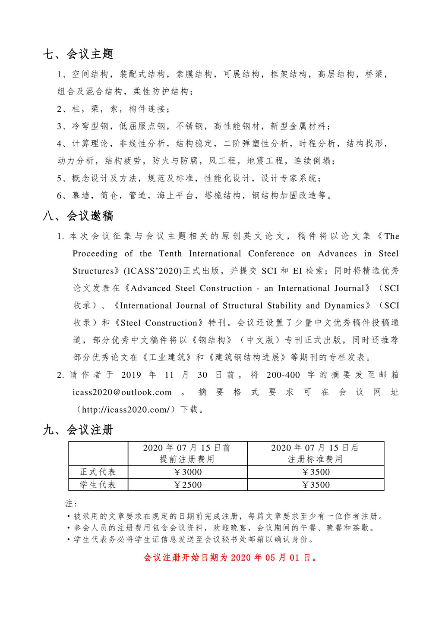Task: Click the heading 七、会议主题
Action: [x=78, y=54]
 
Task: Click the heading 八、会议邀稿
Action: [x=78, y=216]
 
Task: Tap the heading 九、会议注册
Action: [x=78, y=430]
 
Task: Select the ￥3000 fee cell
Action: [x=188, y=472]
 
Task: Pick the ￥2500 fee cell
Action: [x=188, y=485]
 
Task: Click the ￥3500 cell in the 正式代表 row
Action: [x=316, y=472]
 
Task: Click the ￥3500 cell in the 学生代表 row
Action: [x=316, y=485]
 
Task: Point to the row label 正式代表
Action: [x=98, y=472]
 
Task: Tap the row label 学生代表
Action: [x=98, y=485]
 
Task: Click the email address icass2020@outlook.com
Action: [x=122, y=392]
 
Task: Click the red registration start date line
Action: [x=231, y=558]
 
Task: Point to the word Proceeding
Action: [x=95, y=254]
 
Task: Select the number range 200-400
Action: [x=283, y=375]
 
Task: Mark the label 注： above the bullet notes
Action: [x=71, y=503]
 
